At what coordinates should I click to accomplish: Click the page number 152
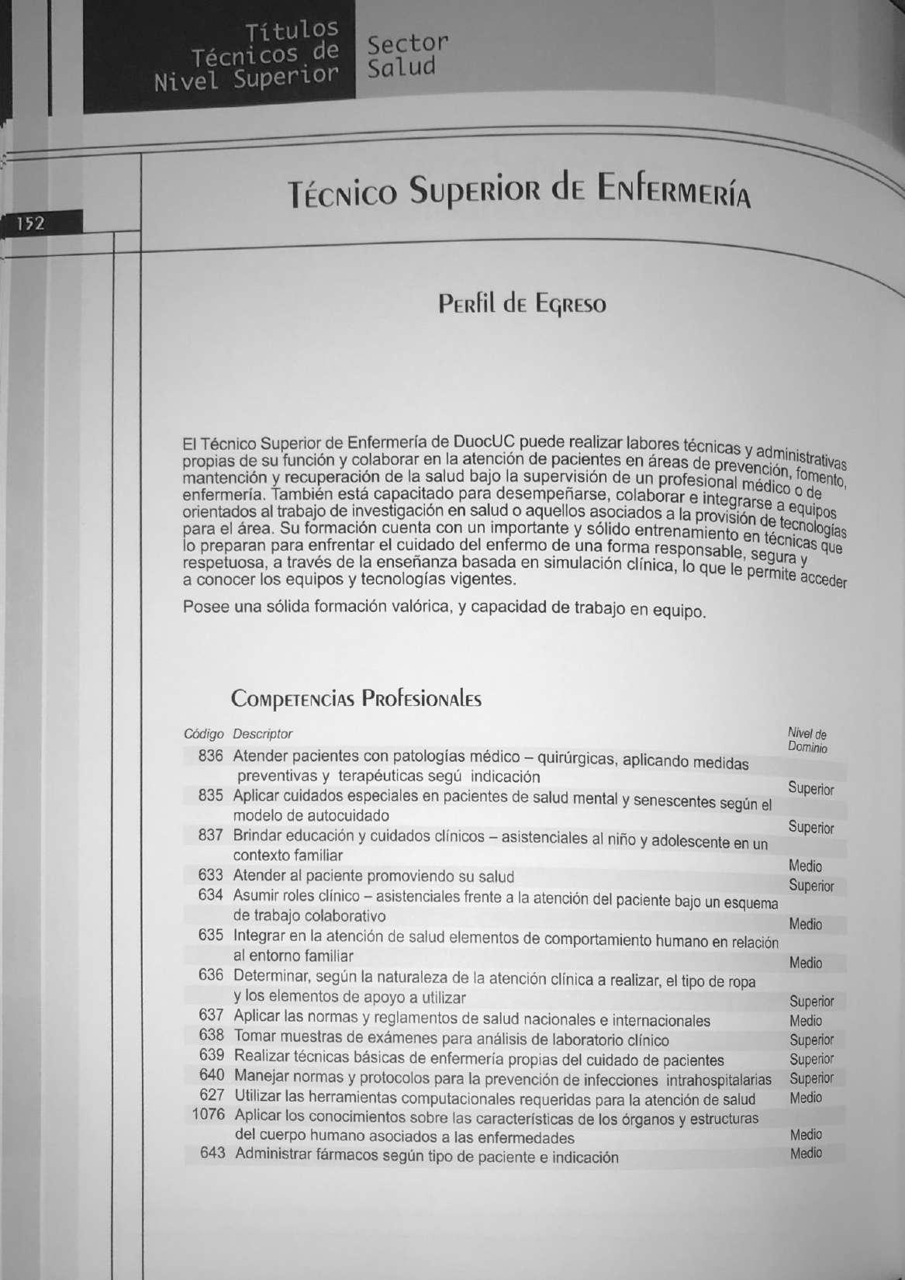pos(33,224)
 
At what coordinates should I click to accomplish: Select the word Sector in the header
pos(408,43)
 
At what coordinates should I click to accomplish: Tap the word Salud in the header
pos(402,68)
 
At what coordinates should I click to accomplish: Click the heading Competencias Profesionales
pos(356,699)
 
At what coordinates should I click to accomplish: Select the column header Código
pos(203,734)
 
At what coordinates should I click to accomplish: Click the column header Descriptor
pos(263,734)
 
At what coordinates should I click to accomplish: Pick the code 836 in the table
pos(210,756)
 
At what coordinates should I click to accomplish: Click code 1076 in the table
pos(208,1115)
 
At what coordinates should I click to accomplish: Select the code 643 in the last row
pos(212,1154)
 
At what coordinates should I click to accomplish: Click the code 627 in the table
pos(212,1095)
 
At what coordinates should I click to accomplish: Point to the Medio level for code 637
pos(806,1021)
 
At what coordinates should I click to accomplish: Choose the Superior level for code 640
pos(811,1078)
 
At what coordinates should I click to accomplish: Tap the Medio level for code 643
pos(806,1154)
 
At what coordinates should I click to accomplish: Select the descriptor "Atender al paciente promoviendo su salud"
pos(374,877)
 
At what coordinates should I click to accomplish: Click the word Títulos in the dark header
pos(292,31)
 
